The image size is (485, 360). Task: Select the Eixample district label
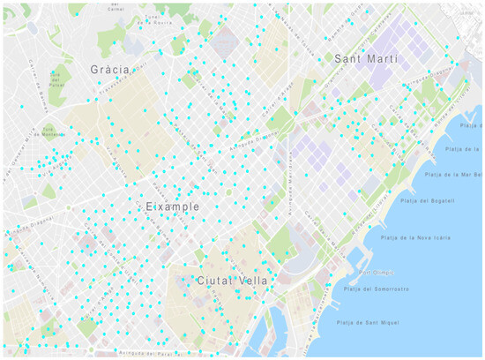click(173, 206)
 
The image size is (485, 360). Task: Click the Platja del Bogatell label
click(428, 202)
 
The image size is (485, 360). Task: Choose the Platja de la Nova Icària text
click(414, 238)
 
